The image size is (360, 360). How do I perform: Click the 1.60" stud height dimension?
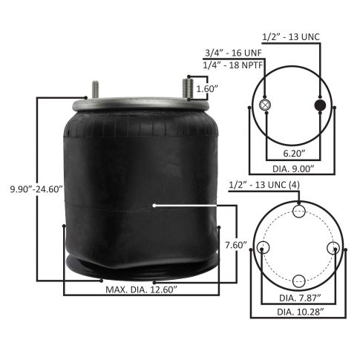click(x=207, y=88)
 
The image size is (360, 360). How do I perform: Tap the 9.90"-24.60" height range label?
click(x=36, y=189)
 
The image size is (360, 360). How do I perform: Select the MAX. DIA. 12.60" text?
click(x=141, y=289)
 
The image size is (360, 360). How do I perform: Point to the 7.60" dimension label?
click(x=236, y=245)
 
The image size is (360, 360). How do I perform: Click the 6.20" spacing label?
click(x=294, y=154)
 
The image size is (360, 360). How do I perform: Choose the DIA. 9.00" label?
click(x=293, y=169)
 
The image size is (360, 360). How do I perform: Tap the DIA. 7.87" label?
click(x=300, y=298)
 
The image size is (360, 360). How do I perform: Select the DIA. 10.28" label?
click(x=301, y=312)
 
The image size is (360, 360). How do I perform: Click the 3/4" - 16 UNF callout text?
click(x=233, y=53)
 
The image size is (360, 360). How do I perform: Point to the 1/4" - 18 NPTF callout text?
click(x=233, y=65)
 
